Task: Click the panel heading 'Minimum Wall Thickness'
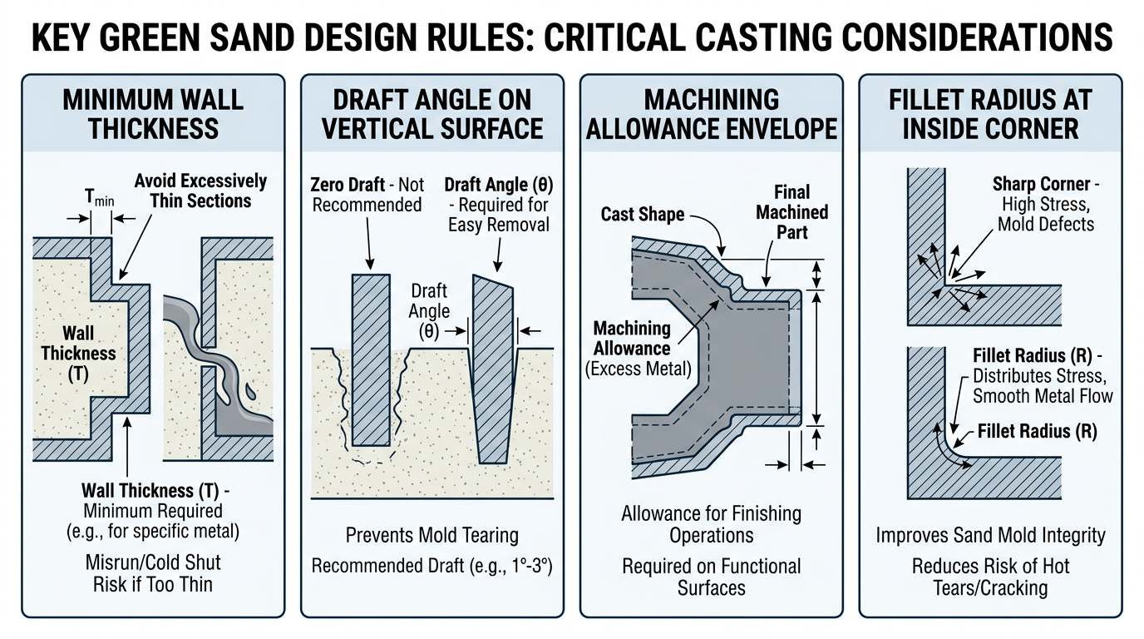(x=153, y=114)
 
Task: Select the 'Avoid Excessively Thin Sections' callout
(x=200, y=191)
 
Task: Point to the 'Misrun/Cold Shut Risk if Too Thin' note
(x=153, y=573)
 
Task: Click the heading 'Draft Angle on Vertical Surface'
(x=432, y=114)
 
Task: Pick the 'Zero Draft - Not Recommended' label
(x=367, y=194)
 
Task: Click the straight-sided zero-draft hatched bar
(x=371, y=359)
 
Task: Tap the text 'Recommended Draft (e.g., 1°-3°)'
(x=432, y=567)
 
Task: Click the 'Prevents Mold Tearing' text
(x=432, y=535)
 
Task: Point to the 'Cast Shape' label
(x=643, y=215)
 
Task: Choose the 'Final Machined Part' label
(x=791, y=211)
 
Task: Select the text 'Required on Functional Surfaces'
(x=712, y=577)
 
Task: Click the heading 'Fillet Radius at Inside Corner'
(x=990, y=114)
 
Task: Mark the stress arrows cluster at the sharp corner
(x=949, y=279)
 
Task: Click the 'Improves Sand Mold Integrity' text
(x=990, y=535)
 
